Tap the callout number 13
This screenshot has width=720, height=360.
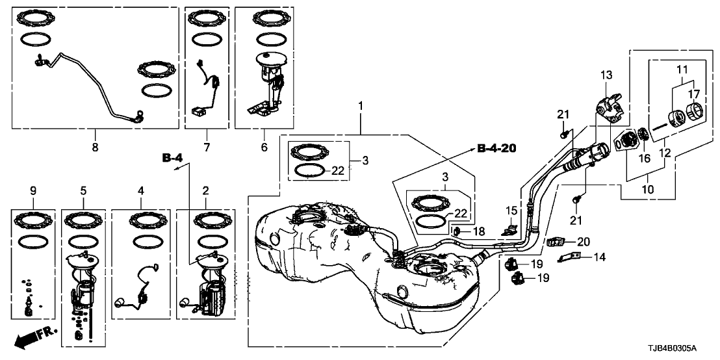point(606,74)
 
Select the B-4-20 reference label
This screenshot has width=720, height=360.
point(496,149)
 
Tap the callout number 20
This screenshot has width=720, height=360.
point(584,242)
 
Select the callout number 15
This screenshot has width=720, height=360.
point(511,211)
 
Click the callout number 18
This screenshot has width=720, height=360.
point(479,231)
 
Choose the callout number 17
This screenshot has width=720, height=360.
point(693,95)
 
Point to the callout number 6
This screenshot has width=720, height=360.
point(264,148)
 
